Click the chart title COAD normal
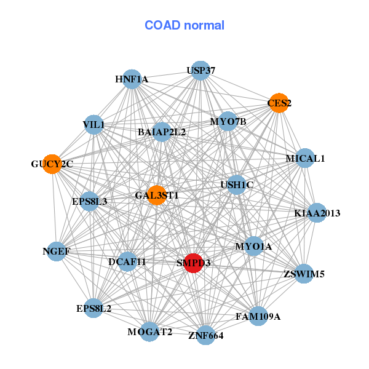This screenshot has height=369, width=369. point(184,25)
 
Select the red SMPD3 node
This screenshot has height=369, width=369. point(194,263)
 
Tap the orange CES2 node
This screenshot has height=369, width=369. point(279,103)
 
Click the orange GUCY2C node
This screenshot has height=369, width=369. point(52,164)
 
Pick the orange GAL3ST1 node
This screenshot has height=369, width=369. point(157,195)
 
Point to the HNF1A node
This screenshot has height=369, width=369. point(132,79)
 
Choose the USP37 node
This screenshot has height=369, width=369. point(200,71)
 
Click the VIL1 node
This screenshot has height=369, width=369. point(93,125)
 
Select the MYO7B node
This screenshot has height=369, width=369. point(228,121)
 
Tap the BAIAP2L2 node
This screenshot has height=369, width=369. point(162,132)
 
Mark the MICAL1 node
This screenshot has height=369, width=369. point(305,158)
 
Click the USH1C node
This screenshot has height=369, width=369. point(237,184)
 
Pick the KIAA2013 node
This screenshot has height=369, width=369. point(317,213)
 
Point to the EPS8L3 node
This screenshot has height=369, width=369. point(90,201)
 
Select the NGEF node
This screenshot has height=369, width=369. point(57,251)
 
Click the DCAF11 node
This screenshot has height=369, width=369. point(127,261)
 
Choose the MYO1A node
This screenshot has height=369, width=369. point(253,247)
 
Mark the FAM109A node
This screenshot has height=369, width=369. point(258,317)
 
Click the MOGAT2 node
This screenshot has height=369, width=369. point(149,332)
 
